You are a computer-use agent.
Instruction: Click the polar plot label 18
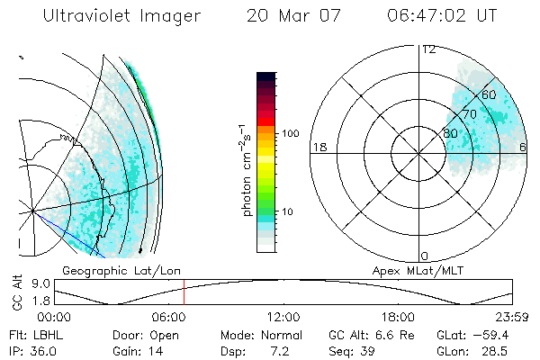point(318,147)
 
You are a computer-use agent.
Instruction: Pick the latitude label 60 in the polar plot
point(490,94)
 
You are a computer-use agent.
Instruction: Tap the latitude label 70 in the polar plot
point(469,114)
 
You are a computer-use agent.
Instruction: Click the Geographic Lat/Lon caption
point(108,270)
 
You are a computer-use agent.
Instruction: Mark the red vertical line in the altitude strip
point(184,292)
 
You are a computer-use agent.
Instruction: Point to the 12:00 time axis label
point(283,317)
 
